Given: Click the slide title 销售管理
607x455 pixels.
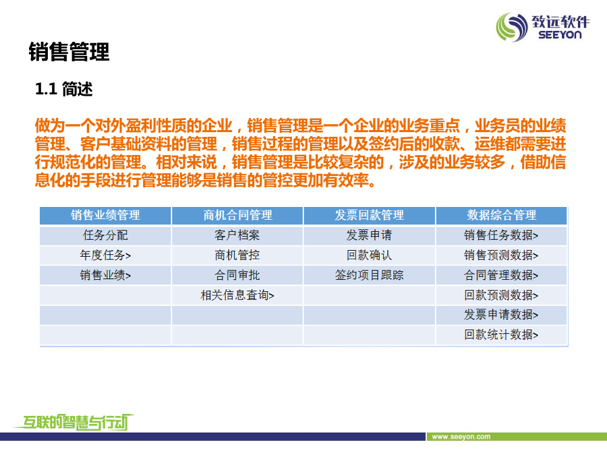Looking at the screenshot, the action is pos(69,52).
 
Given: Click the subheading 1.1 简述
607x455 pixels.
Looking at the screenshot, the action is pos(64,89).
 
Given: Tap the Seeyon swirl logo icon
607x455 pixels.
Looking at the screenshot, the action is pos(512,27).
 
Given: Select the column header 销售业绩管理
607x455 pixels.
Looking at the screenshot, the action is pos(105,215).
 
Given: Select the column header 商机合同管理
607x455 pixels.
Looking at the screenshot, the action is pos(237,215).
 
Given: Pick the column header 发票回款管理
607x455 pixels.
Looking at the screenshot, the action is pos(370,215).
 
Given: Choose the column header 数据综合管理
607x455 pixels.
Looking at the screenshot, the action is pos(502,215).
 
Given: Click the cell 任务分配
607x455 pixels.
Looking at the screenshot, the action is pos(105,235).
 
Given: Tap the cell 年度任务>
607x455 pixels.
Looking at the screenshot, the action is pos(105,255).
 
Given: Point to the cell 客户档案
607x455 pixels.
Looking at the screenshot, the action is pos(237,235).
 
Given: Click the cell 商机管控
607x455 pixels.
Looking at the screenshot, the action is pos(237,255).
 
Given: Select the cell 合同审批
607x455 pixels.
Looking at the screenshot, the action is pos(237,276).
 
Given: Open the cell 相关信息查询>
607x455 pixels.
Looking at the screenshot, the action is pos(237,296).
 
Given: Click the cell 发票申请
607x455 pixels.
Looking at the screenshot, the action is pos(370,235).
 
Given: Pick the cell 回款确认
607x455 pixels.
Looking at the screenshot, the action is pos(370,255).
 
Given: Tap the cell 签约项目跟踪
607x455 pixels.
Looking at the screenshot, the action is pos(370,276).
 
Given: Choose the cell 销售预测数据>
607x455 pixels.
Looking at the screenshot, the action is pos(501,255).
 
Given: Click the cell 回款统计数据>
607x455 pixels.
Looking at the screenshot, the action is pos(501,334).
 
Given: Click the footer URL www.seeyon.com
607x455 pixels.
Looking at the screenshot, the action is pos(461,437).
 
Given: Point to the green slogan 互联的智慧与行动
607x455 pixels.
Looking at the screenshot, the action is pos(74,422).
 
